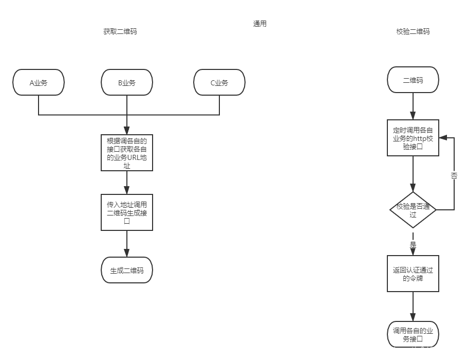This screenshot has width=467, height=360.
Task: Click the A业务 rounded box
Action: click(x=39, y=82)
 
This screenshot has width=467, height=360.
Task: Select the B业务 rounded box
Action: click(x=127, y=82)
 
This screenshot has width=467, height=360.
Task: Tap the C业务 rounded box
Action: click(x=219, y=82)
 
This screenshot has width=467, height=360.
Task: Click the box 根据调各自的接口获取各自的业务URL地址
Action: click(x=127, y=153)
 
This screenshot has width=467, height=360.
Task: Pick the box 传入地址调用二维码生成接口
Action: click(x=127, y=212)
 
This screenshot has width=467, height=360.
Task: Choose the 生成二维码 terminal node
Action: click(x=127, y=271)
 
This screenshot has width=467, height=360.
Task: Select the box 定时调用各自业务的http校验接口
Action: click(x=413, y=138)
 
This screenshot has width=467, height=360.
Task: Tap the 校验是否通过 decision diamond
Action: click(x=413, y=210)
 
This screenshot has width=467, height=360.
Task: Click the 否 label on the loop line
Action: click(x=454, y=175)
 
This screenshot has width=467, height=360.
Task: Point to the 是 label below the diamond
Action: click(x=413, y=244)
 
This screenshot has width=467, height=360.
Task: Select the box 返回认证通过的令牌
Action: click(x=413, y=274)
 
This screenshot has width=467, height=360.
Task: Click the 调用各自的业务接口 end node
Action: click(x=413, y=335)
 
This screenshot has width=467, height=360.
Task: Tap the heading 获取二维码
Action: click(x=120, y=31)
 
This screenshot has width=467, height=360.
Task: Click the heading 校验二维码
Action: click(x=413, y=31)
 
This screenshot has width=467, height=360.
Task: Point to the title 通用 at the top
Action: click(x=260, y=24)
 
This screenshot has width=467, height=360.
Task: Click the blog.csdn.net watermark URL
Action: click(x=401, y=350)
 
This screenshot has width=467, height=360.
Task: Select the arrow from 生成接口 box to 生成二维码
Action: click(x=127, y=244)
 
